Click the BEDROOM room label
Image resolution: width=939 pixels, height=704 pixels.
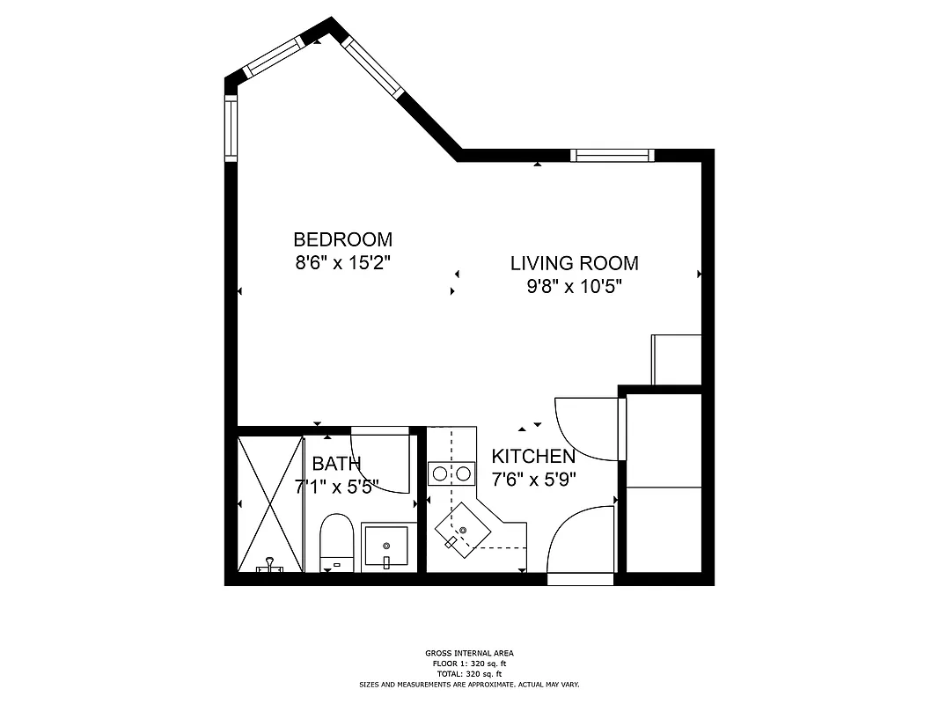(x=342, y=239)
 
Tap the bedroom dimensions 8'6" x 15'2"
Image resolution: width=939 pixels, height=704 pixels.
(x=342, y=262)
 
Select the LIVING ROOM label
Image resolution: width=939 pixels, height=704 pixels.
(x=575, y=263)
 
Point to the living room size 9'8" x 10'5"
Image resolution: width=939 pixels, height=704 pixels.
(x=575, y=286)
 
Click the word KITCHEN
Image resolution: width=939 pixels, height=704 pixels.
(x=533, y=457)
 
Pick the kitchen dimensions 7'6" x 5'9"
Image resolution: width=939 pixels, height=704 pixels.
(x=533, y=480)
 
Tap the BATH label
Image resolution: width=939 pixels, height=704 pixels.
(x=336, y=464)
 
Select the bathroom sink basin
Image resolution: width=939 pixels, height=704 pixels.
(x=385, y=546)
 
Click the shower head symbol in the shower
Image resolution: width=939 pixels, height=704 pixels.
(x=269, y=566)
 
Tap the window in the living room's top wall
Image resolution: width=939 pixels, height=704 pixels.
(x=612, y=156)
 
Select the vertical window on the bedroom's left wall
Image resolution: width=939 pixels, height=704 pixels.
(x=231, y=128)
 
